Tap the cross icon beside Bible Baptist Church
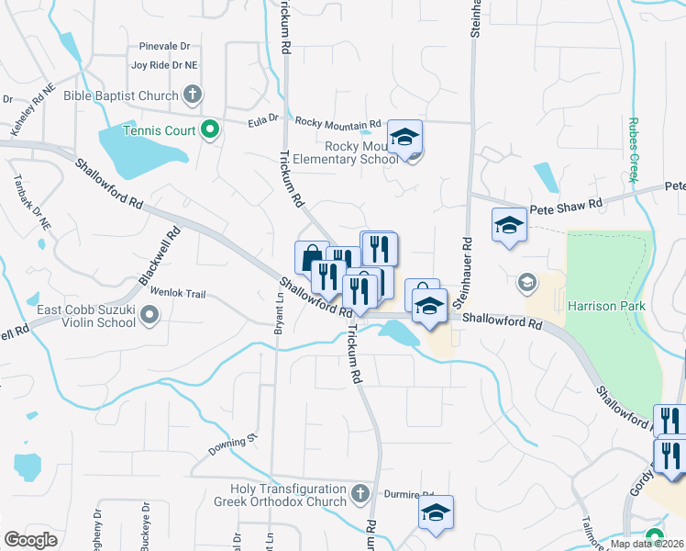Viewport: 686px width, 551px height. [x=193, y=94]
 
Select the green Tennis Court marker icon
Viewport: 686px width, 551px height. [x=209, y=130]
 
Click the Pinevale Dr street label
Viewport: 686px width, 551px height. [x=164, y=46]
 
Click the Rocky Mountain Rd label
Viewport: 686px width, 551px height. [x=337, y=123]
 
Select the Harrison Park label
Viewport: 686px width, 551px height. [x=606, y=306]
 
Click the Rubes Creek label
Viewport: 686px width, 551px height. [x=633, y=150]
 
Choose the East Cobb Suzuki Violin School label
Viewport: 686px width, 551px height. [x=85, y=316]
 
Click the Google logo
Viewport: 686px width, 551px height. [x=31, y=539]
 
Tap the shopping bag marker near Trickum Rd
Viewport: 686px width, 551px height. [x=312, y=256]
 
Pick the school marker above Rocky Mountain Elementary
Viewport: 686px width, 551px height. [x=404, y=136]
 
